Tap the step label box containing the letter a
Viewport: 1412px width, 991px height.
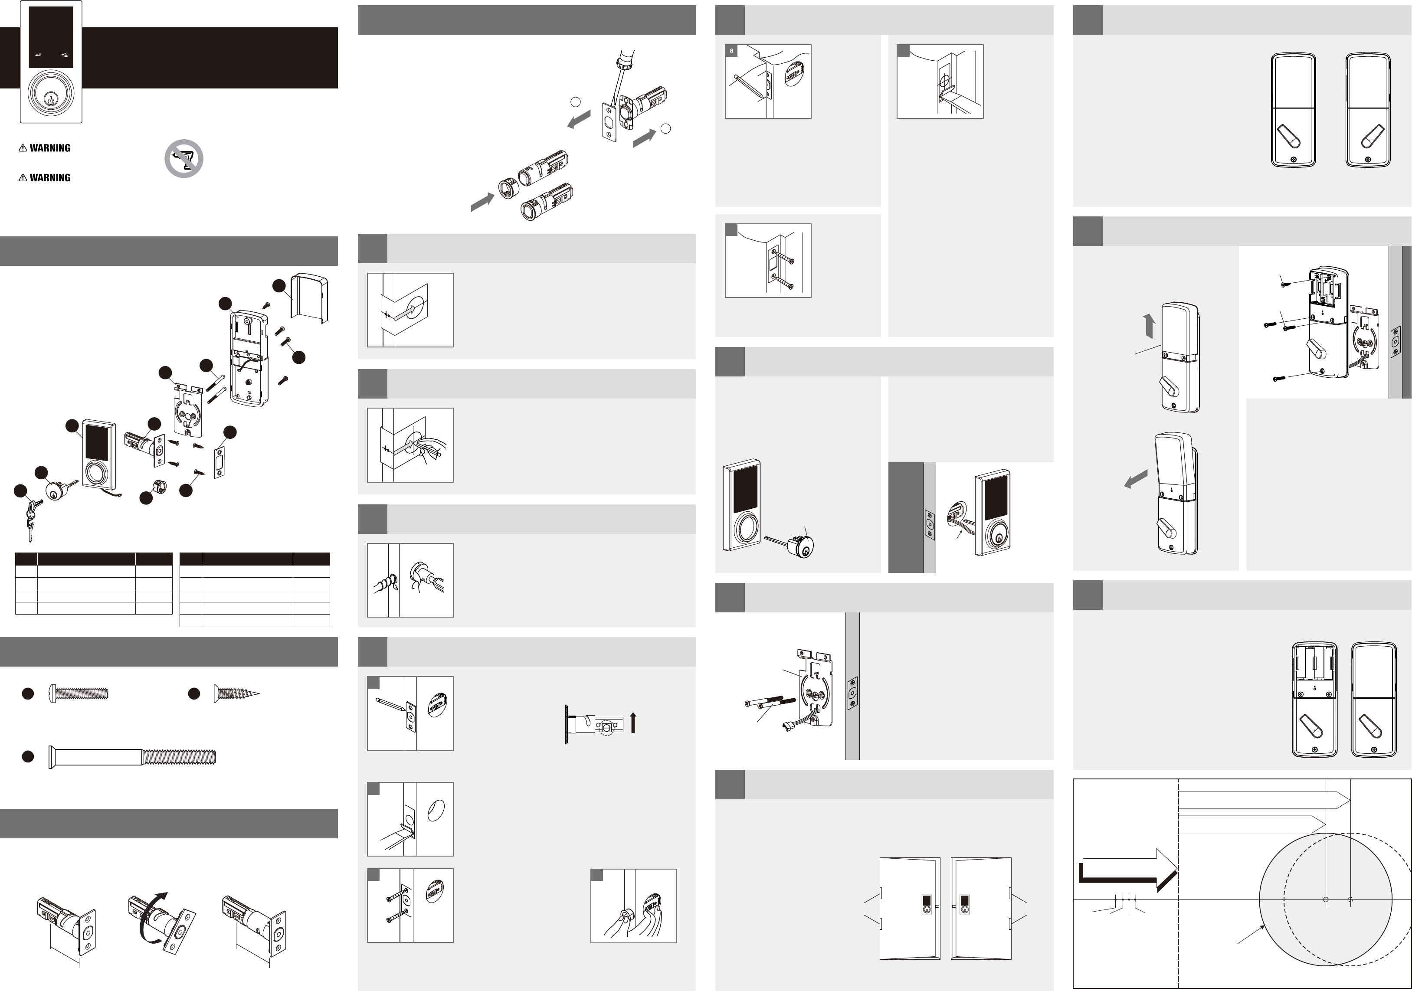(x=731, y=50)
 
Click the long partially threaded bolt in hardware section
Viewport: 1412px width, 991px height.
(x=132, y=756)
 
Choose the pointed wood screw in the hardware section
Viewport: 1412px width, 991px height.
(x=237, y=693)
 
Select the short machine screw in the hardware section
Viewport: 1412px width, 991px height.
(x=79, y=693)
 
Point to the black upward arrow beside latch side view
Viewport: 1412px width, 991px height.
(x=633, y=723)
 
